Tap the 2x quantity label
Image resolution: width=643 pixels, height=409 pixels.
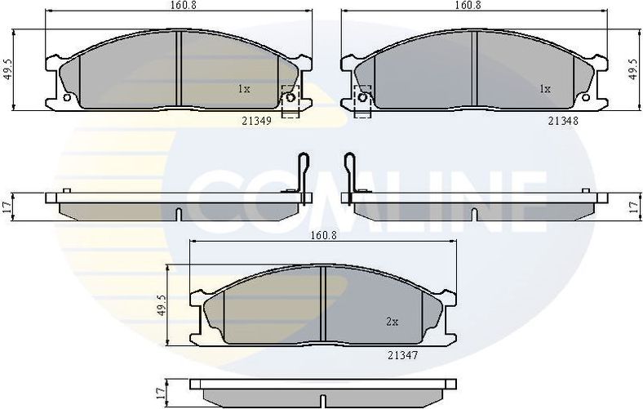(392, 322)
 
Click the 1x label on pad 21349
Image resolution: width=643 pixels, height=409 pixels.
(243, 88)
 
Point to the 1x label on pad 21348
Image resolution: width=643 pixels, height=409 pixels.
(545, 88)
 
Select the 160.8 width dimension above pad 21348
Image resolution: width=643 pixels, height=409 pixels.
(467, 5)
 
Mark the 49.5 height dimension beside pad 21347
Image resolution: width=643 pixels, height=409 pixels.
(161, 305)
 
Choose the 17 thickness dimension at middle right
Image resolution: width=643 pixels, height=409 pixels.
(635, 207)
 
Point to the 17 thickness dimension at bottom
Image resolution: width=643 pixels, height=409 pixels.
(161, 393)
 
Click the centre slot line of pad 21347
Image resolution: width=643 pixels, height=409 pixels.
(324, 306)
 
